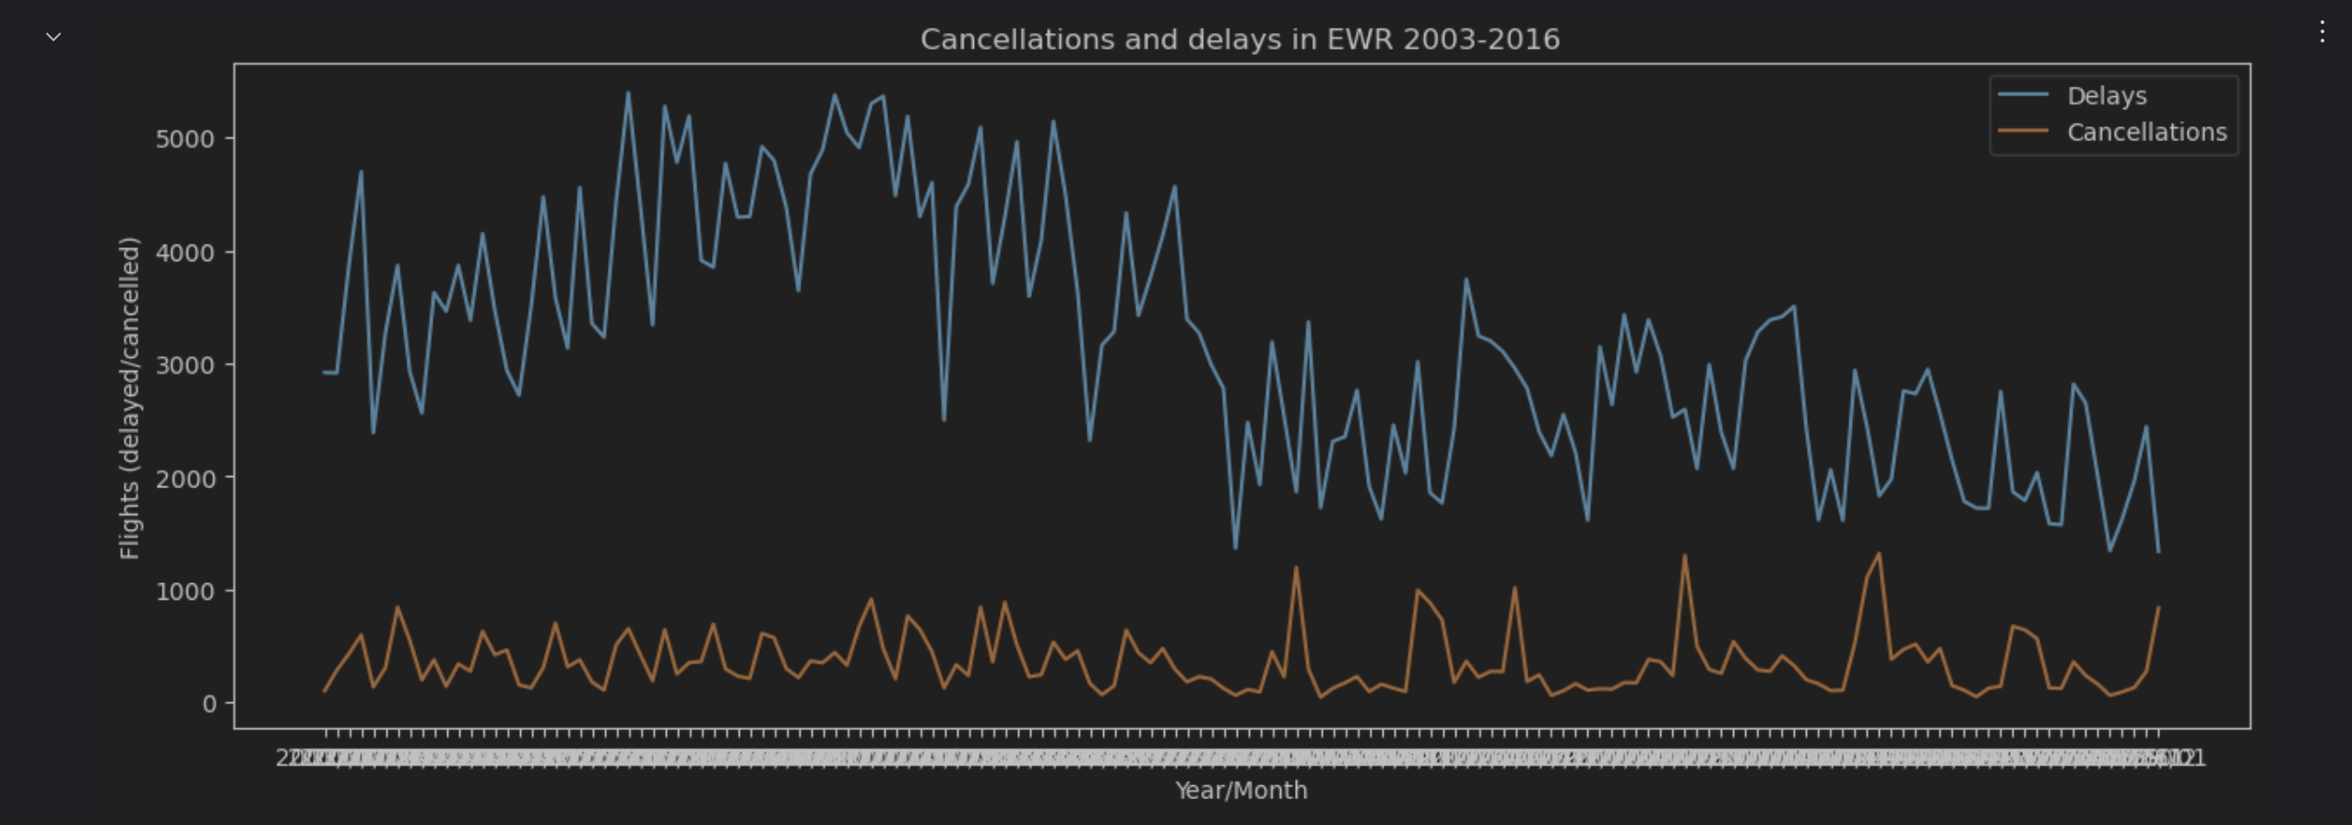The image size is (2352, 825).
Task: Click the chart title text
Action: [x=1240, y=40]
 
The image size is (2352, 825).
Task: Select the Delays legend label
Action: [x=2107, y=96]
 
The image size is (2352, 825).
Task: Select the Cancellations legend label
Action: [x=2146, y=132]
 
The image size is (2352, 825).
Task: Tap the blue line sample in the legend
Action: [x=2022, y=95]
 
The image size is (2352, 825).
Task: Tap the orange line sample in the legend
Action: [x=2022, y=131]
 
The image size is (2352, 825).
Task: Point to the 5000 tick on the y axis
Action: [x=184, y=139]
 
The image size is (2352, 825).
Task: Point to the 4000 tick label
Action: [x=184, y=253]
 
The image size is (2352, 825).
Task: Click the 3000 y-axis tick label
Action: [x=184, y=365]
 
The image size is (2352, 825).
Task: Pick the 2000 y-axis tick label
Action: [x=184, y=479]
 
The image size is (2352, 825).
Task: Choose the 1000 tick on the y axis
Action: [x=184, y=592]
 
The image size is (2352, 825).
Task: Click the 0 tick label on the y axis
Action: [x=209, y=704]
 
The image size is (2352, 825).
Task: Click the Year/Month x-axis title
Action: [x=1241, y=790]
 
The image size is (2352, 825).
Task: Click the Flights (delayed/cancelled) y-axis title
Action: [x=130, y=398]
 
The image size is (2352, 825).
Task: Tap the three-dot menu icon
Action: [x=2322, y=32]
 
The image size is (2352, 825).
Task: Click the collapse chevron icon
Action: [x=53, y=37]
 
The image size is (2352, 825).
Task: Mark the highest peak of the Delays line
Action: [x=628, y=92]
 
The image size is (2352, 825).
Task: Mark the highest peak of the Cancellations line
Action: [x=1879, y=554]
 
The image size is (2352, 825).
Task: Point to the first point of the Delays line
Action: [x=325, y=372]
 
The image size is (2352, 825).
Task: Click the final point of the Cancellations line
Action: [x=2158, y=607]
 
